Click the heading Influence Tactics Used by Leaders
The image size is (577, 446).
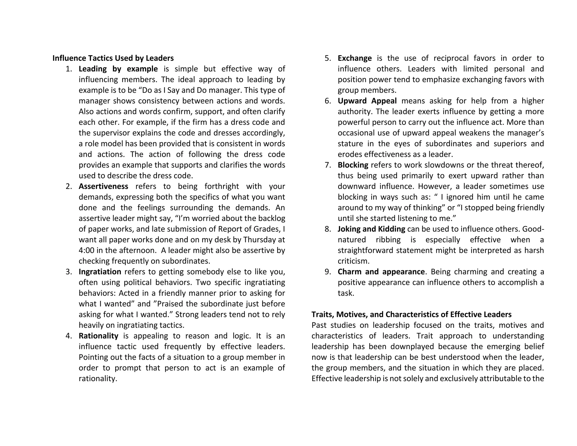113,58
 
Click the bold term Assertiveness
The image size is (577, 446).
103,186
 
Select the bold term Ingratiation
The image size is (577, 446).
100,272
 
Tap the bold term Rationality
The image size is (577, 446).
98,336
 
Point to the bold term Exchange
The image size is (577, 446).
355,58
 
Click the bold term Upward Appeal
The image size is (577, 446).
367,101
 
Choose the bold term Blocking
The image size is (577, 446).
353,165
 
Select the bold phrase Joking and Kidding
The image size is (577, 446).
371,229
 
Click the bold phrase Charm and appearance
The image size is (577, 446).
381,272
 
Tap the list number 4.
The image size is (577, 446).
69,336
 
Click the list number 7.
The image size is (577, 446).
328,165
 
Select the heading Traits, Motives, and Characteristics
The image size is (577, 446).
411,314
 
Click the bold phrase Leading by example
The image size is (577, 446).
118,69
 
